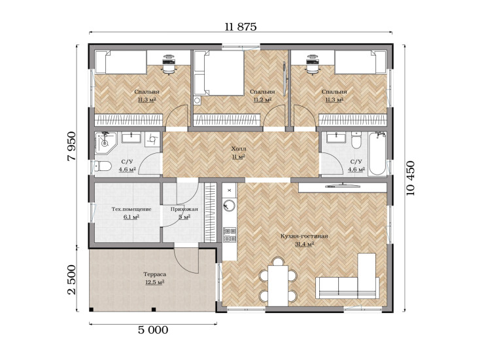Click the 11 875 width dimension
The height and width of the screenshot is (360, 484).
click(x=241, y=27)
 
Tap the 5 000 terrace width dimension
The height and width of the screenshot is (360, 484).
click(x=153, y=330)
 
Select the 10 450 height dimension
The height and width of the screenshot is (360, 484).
click(x=411, y=178)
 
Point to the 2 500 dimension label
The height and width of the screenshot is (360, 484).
click(x=71, y=279)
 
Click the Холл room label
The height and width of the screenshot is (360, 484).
click(x=239, y=149)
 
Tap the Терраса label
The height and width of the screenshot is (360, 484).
click(x=154, y=274)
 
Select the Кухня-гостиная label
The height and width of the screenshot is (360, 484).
click(x=304, y=236)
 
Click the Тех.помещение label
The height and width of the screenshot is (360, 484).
click(x=131, y=209)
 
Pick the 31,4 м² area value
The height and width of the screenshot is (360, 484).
click(x=304, y=244)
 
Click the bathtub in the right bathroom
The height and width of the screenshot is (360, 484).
click(x=377, y=154)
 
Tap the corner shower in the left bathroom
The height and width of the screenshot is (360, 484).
click(x=105, y=143)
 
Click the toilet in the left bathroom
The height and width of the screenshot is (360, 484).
click(x=103, y=166)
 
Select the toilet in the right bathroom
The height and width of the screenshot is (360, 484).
click(x=356, y=141)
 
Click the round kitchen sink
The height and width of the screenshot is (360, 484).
click(x=229, y=206)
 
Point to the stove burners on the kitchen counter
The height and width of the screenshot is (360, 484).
click(x=230, y=234)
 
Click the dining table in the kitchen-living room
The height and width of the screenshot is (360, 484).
click(x=278, y=285)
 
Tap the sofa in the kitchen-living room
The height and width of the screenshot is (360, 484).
click(x=347, y=287)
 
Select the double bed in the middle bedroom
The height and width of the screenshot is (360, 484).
click(x=219, y=73)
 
